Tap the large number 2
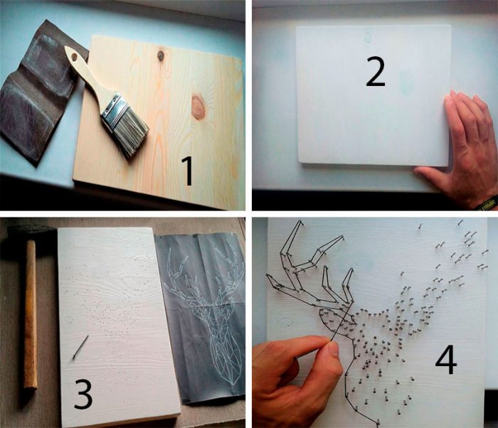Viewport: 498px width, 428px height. click(375, 71)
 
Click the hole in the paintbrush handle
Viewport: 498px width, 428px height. click(75, 58)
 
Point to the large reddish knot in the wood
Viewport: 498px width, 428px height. click(198, 107)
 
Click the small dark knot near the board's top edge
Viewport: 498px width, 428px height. click(161, 56)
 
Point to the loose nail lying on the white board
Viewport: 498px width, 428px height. click(80, 347)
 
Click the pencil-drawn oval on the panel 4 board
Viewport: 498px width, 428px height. click(285, 323)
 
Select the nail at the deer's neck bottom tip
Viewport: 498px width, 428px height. click(378, 423)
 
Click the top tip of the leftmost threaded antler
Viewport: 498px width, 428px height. click(300, 222)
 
